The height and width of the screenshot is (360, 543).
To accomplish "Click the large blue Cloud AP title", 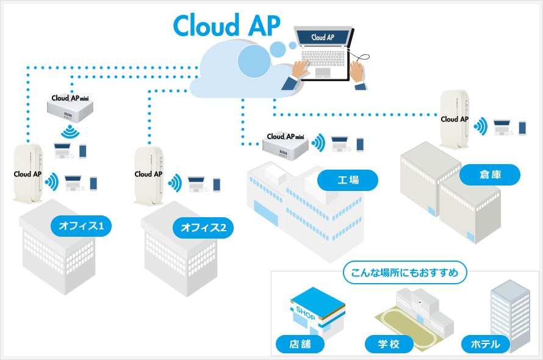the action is (x=226, y=25).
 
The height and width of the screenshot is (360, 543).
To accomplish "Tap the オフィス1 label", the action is (x=81, y=226).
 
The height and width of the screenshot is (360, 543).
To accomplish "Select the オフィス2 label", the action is (x=203, y=228).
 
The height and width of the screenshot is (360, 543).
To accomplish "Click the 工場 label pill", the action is (x=348, y=180).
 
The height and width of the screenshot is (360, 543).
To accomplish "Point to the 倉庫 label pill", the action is (x=490, y=175).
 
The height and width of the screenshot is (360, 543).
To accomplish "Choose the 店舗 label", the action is (x=300, y=344).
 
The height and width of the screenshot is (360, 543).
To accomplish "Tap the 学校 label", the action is (x=389, y=344).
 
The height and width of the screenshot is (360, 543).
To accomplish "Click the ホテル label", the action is (x=486, y=344).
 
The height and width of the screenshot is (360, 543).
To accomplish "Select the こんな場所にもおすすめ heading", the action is (x=405, y=273).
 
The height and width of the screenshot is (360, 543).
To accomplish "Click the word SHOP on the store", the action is (x=306, y=313).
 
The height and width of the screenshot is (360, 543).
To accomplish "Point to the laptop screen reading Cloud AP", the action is (x=323, y=37).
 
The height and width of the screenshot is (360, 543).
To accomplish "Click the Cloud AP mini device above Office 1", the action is (x=70, y=108).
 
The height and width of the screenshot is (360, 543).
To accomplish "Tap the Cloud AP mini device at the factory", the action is (x=286, y=145).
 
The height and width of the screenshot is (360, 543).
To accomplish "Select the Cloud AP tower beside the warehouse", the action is (x=455, y=120).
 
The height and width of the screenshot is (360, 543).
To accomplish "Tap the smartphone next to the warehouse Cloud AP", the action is (x=522, y=128).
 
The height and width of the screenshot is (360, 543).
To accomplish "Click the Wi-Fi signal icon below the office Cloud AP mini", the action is (x=70, y=132).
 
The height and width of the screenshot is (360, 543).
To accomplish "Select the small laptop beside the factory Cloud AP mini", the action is (x=340, y=144).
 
